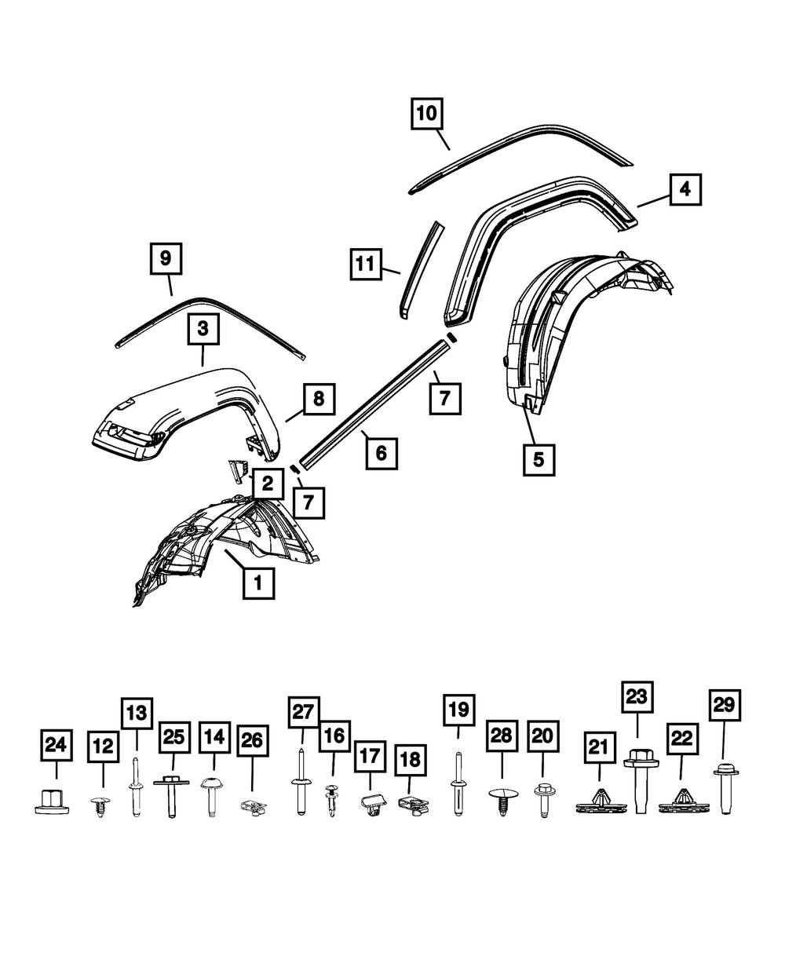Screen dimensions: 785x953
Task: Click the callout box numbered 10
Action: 427,113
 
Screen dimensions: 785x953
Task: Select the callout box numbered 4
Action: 685,189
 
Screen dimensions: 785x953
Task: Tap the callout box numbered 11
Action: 366,265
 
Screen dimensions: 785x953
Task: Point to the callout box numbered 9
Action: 166,259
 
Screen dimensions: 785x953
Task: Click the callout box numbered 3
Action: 203,329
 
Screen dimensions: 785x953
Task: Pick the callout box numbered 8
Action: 319,399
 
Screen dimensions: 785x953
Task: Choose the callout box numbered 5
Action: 539,459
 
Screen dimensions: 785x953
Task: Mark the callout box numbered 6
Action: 382,453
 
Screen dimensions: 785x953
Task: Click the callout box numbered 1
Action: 259,582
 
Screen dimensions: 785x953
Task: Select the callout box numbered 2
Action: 268,484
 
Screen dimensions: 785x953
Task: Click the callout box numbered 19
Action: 459,710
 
